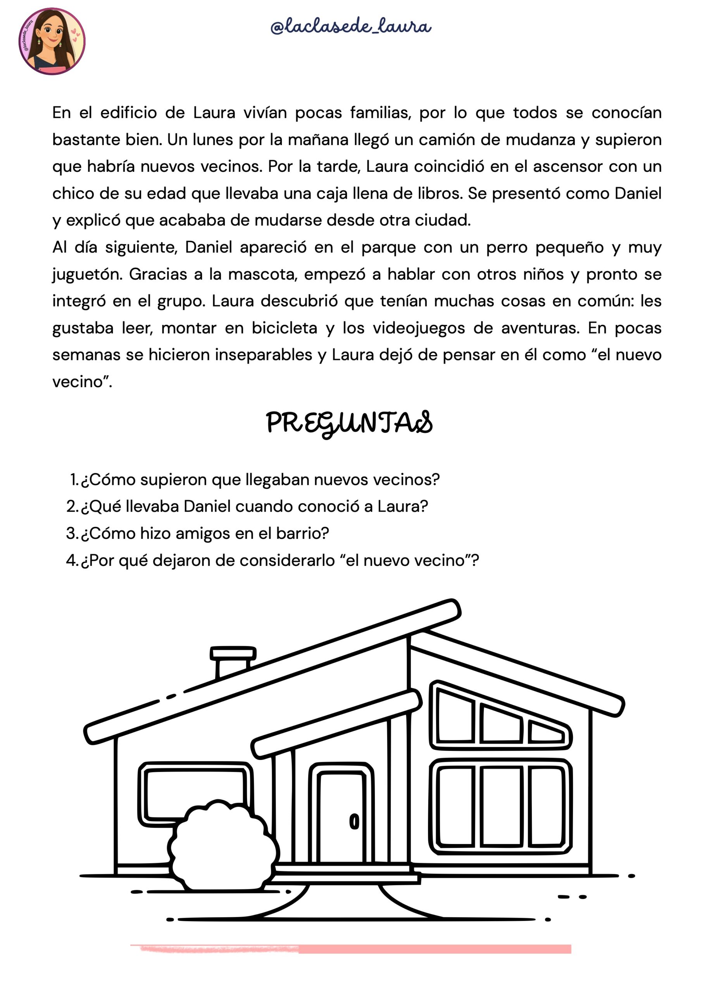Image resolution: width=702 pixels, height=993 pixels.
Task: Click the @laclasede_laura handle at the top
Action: pyautogui.click(x=350, y=27)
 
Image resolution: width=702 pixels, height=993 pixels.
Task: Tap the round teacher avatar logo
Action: pyautogui.click(x=52, y=42)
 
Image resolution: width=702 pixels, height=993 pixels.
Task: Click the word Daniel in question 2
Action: pyautogui.click(x=207, y=507)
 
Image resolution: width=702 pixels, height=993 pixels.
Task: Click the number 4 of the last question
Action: pyautogui.click(x=71, y=561)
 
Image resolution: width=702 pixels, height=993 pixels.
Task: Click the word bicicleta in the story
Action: pyautogui.click(x=285, y=328)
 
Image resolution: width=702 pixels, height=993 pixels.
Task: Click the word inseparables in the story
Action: pyautogui.click(x=264, y=355)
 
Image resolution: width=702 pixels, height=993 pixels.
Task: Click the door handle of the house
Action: pyautogui.click(x=354, y=821)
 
